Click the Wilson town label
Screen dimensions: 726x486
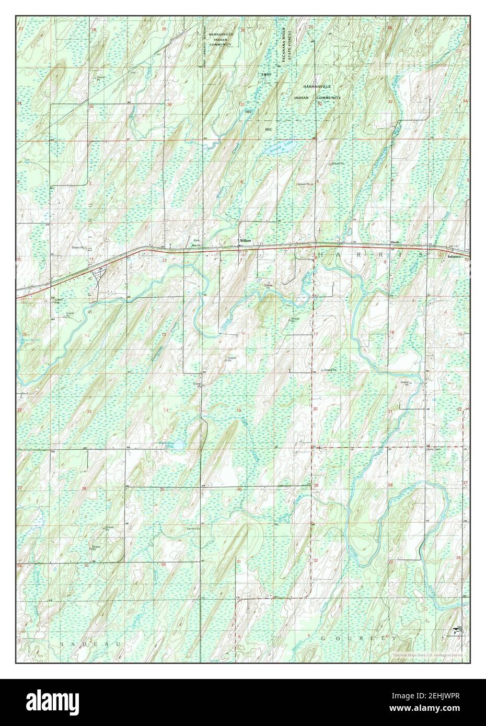point(245,241)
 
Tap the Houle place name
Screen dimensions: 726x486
point(395,244)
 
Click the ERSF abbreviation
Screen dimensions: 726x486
point(267,75)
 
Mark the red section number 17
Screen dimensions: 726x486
point(316,334)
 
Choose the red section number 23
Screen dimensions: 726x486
point(89,412)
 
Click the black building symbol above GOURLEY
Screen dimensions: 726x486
point(456,631)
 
